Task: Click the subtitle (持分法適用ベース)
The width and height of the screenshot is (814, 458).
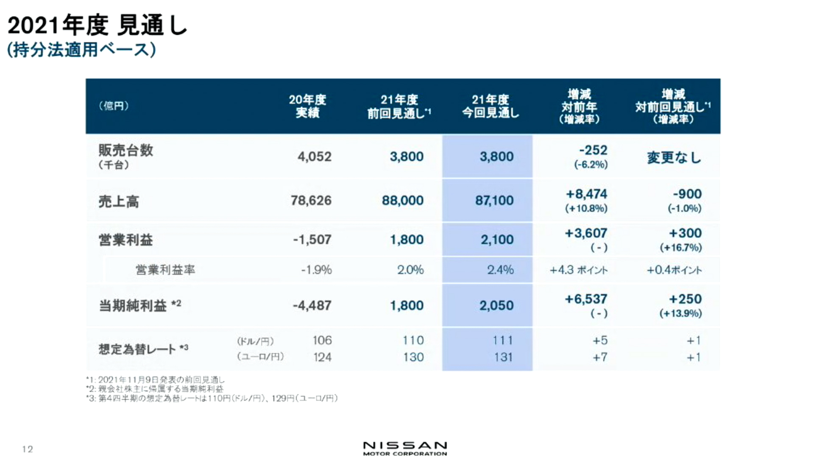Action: [x=81, y=50]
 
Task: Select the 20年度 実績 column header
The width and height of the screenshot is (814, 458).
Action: [x=307, y=106]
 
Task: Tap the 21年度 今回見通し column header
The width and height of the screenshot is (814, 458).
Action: [x=490, y=106]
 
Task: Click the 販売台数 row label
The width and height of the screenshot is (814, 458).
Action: [x=125, y=151]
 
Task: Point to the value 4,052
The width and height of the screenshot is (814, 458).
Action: [x=314, y=157]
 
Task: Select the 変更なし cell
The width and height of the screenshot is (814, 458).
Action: [x=674, y=158]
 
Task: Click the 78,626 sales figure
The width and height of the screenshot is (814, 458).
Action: [x=311, y=201]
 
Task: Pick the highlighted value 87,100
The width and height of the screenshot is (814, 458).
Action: [x=494, y=201]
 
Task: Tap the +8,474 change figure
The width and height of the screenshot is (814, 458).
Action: [x=586, y=194]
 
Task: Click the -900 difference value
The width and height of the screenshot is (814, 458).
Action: [x=687, y=194]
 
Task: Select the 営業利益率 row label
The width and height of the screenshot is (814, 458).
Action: [x=165, y=270]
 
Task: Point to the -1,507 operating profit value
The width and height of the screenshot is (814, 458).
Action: [x=312, y=240]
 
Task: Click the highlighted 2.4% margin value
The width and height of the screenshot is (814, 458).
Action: [x=500, y=270]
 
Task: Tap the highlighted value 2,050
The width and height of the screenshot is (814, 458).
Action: [x=496, y=305]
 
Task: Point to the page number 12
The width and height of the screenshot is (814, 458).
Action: [x=28, y=449]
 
